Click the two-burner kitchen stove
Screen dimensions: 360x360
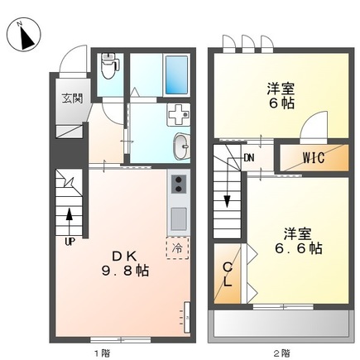tap(178, 184)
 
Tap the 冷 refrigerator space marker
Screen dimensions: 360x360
tap(177, 246)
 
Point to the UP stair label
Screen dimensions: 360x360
tap(70, 242)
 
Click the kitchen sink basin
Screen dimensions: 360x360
tap(178, 218)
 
